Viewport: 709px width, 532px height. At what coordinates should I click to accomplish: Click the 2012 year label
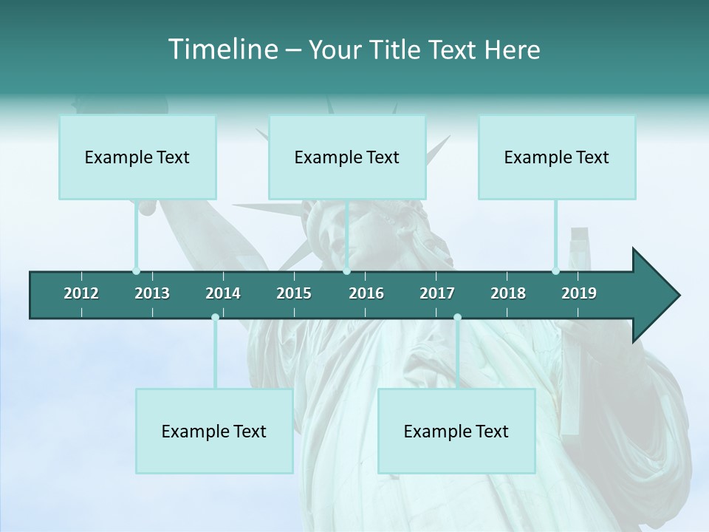(x=81, y=293)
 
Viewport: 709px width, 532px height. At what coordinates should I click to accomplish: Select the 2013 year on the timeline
(x=152, y=293)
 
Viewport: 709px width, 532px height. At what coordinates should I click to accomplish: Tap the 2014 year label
(x=223, y=293)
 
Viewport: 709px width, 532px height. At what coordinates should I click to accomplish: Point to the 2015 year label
(x=294, y=293)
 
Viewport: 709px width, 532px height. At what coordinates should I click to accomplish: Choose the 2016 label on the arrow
(x=366, y=293)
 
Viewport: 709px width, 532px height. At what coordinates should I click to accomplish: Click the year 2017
(x=437, y=293)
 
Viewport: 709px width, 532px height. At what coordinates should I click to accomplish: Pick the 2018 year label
(x=508, y=293)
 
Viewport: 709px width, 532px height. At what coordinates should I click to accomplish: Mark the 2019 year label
(x=579, y=293)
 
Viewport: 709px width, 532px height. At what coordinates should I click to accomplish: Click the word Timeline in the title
(x=222, y=50)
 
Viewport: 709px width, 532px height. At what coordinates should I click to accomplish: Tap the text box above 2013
(x=137, y=157)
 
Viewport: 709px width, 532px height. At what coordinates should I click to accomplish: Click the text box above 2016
(x=347, y=157)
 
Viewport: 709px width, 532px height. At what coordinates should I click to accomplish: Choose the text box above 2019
(x=557, y=157)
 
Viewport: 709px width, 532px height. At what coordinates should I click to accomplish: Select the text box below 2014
(x=214, y=431)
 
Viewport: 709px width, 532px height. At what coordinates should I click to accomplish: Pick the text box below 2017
(x=456, y=431)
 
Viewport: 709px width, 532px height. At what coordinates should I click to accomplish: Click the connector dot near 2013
(x=136, y=271)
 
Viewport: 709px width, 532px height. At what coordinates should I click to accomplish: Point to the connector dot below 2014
(x=215, y=317)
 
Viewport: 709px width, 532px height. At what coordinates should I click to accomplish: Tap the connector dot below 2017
(x=457, y=317)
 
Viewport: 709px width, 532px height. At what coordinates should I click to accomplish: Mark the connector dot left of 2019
(x=555, y=271)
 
